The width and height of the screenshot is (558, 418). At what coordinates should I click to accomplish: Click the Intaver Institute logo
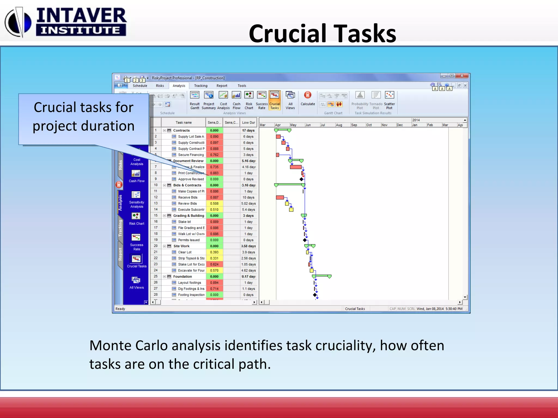click(65, 22)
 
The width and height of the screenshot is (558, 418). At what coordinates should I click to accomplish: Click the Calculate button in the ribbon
click(308, 99)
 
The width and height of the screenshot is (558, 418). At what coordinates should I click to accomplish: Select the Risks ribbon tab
click(160, 86)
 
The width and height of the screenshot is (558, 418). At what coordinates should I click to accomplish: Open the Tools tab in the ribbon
click(242, 86)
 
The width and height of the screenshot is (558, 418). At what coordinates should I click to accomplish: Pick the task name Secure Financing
click(191, 155)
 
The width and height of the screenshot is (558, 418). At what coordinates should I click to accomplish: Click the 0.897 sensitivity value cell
click(214, 143)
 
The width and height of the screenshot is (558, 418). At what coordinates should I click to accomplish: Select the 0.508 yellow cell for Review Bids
click(214, 204)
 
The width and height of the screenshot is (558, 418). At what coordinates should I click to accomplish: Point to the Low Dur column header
click(248, 123)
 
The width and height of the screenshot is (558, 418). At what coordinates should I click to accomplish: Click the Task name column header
click(183, 123)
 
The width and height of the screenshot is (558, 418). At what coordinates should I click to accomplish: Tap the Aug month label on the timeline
click(339, 125)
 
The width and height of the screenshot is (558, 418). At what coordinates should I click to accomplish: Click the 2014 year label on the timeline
click(416, 120)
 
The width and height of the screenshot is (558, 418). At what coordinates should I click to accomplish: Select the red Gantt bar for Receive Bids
click(280, 198)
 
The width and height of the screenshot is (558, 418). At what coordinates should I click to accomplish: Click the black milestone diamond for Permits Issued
click(305, 240)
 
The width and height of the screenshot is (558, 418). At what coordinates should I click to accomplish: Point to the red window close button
click(462, 76)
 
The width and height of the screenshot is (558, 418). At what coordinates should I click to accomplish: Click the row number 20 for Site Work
click(156, 246)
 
